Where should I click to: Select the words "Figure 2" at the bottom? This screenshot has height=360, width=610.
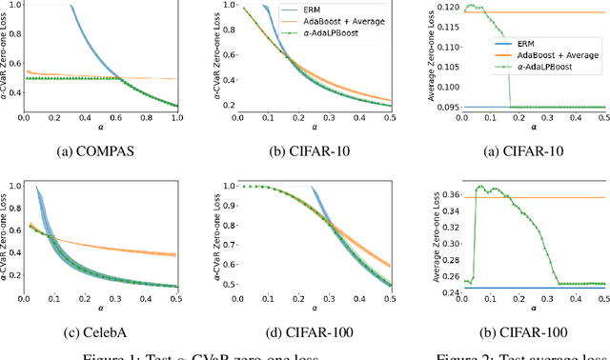(461, 354)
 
